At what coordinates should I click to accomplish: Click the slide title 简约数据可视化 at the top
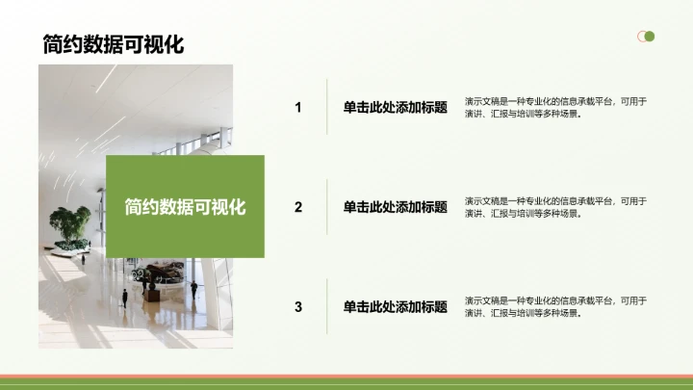point(113,43)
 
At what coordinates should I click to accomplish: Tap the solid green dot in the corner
point(650,37)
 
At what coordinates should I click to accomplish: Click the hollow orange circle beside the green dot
point(642,37)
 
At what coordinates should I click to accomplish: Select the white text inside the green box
point(185,206)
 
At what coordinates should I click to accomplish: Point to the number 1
point(298,107)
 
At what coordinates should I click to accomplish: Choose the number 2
point(298,206)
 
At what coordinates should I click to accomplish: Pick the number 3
point(298,306)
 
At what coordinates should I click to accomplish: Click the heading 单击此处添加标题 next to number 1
point(396,107)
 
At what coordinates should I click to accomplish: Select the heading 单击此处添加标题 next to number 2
point(396,206)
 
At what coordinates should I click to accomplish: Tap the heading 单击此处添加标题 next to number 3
point(396,306)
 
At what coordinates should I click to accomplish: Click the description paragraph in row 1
point(555,107)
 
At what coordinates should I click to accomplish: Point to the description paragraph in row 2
point(555,207)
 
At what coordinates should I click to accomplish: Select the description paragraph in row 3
point(555,306)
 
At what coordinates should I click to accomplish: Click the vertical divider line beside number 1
point(327,107)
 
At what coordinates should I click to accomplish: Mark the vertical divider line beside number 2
point(327,206)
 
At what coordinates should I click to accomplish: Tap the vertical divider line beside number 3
point(327,306)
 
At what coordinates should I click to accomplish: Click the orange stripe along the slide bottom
point(346,377)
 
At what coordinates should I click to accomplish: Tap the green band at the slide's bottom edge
point(346,384)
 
